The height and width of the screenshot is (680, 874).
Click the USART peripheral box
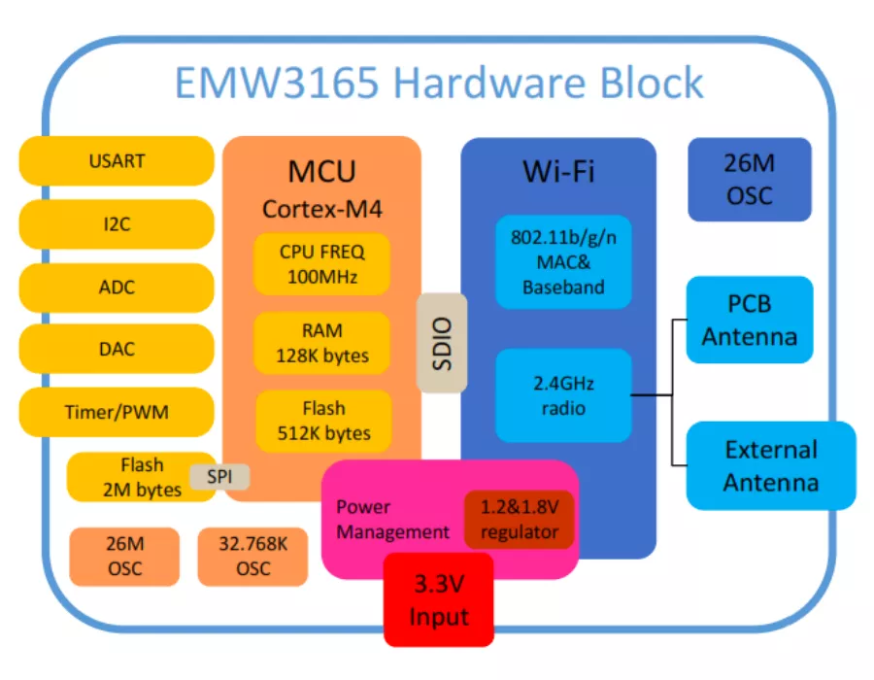(117, 161)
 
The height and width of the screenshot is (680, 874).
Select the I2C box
(117, 224)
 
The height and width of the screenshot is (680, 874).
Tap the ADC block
(117, 288)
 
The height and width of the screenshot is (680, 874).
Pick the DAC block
(117, 349)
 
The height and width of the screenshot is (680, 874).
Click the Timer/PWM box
(117, 412)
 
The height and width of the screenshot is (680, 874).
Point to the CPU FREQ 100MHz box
(322, 263)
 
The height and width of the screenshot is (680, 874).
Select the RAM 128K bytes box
(322, 343)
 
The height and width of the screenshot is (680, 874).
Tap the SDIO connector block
(442, 342)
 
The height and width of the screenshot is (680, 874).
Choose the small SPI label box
(219, 477)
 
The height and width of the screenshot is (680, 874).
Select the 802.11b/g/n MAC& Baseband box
(563, 261)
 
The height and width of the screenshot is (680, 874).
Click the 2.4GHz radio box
(563, 394)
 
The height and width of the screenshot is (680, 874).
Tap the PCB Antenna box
(750, 320)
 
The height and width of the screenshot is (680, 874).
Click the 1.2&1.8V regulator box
(520, 520)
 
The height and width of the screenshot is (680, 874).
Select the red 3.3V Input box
(439, 600)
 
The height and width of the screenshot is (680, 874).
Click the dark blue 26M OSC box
(749, 179)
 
